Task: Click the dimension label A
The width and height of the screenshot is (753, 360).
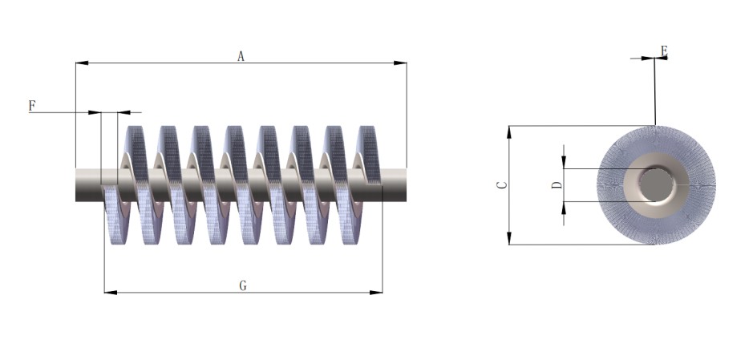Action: [241, 57]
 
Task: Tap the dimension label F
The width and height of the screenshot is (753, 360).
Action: [32, 106]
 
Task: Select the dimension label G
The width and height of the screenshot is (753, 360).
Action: [243, 286]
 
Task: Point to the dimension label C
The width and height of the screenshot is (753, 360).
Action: [501, 184]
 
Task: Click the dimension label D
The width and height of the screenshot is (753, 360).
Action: [557, 184]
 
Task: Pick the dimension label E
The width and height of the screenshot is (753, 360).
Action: [664, 51]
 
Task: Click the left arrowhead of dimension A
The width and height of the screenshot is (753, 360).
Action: [82, 63]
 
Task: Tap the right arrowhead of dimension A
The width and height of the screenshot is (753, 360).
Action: [400, 63]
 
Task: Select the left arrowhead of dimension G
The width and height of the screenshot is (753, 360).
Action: [111, 293]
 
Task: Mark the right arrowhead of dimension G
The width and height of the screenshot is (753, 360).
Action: [376, 293]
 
